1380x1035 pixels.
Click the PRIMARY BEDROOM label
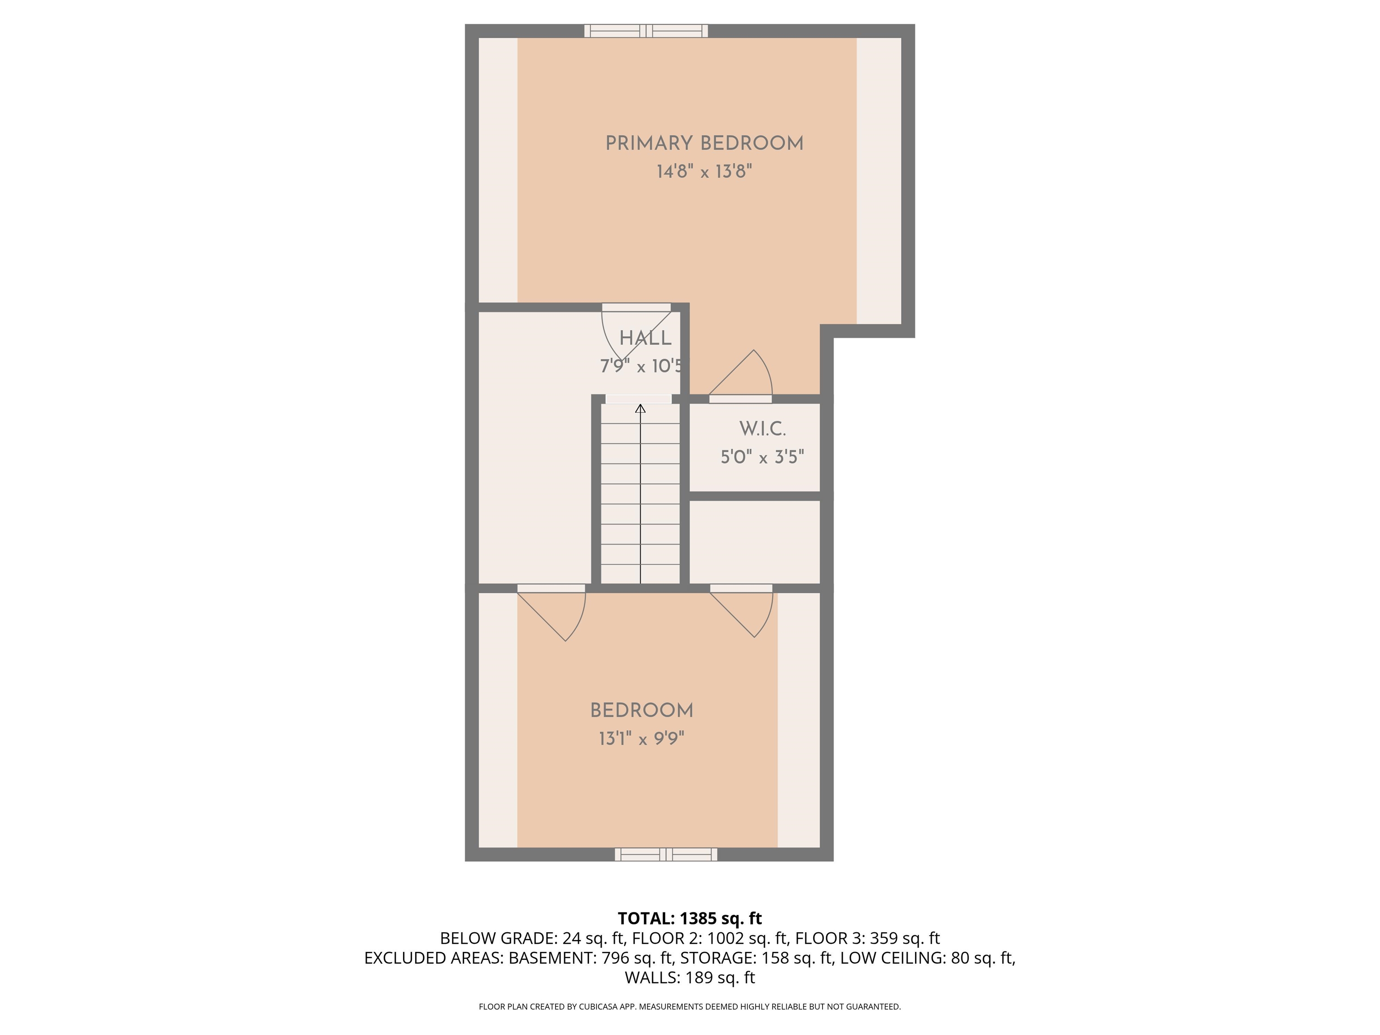coord(704,143)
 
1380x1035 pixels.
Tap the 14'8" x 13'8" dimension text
coord(704,172)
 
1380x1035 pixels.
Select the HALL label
coord(645,338)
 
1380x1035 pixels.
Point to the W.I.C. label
coord(762,429)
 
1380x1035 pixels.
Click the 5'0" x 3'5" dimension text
coord(762,457)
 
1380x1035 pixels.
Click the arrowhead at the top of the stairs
coord(640,409)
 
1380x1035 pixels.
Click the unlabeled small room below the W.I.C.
coord(754,541)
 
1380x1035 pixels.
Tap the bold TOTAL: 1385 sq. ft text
coord(690,918)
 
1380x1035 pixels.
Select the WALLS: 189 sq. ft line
coord(690,977)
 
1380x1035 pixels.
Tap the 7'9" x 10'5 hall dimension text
coord(641,366)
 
